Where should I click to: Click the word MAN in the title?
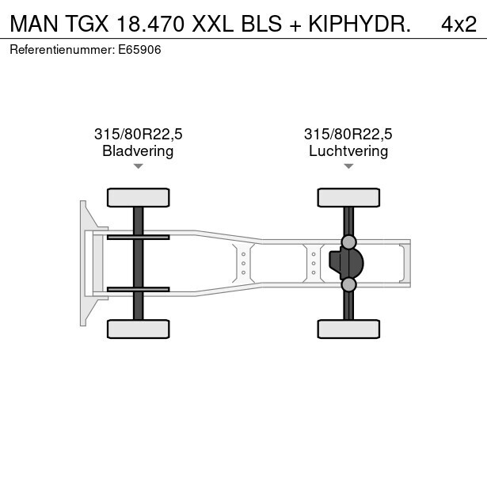tap(34, 24)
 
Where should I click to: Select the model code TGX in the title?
tap(87, 24)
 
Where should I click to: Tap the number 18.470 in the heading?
tap(150, 24)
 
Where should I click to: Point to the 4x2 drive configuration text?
tap(458, 24)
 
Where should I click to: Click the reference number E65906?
tap(139, 50)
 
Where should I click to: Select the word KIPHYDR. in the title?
tap(360, 24)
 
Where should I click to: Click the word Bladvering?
tap(138, 151)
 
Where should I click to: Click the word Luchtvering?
tap(348, 151)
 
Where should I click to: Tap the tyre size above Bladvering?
tap(139, 134)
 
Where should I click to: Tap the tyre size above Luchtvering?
tap(348, 134)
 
